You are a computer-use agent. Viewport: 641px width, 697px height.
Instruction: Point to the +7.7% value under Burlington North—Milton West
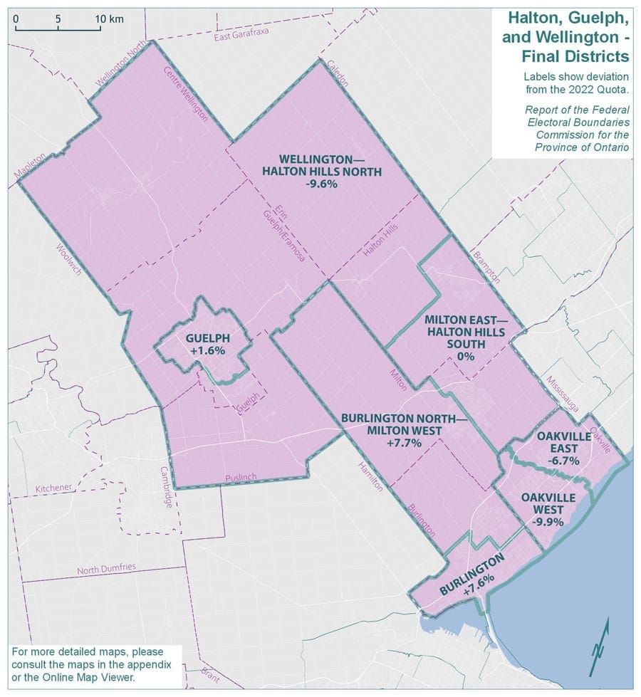click(x=404, y=443)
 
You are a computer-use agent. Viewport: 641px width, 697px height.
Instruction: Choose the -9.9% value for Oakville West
click(x=547, y=521)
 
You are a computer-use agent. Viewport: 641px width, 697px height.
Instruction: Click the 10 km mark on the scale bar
click(x=110, y=19)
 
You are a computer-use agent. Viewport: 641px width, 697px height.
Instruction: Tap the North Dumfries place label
click(x=106, y=569)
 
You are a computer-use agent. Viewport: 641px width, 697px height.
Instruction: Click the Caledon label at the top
click(x=335, y=73)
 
